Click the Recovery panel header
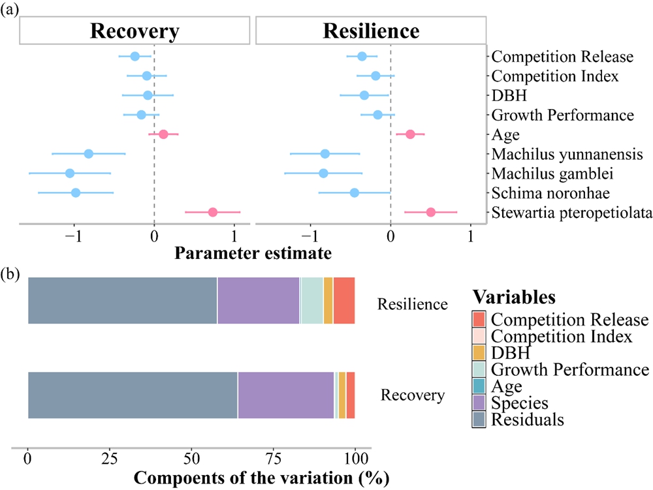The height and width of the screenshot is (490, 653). coord(135,31)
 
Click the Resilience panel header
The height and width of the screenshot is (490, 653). coord(372,31)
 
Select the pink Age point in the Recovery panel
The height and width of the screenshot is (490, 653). coord(163,134)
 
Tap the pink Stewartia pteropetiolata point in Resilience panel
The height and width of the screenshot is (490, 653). coord(430,212)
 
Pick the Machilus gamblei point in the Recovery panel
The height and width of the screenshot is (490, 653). coord(70,173)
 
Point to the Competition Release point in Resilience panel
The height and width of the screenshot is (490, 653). coord(362,56)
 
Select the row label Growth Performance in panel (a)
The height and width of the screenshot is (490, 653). coord(562,115)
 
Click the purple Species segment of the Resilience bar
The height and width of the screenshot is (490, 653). coord(258,300)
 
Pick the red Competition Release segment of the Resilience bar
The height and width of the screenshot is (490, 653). coord(343,300)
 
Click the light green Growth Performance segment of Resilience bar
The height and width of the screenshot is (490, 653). coord(311,300)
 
